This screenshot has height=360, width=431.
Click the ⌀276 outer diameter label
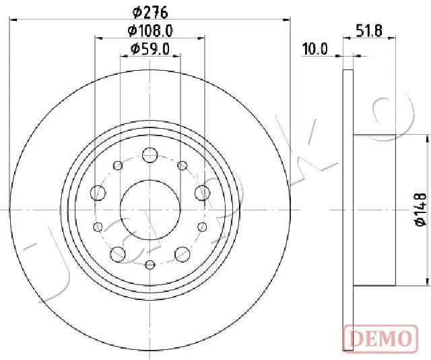tap(150, 11)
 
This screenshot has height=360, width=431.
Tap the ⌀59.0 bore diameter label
tap(150, 49)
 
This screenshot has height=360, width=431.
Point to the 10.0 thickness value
tap(314, 49)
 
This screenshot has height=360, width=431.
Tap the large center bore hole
tap(150, 209)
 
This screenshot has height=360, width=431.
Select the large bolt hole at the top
tap(150, 155)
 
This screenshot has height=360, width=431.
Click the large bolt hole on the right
tap(201, 193)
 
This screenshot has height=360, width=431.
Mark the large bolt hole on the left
tap(98, 193)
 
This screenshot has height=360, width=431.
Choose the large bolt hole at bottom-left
tap(118, 253)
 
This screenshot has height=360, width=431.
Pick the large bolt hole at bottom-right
tap(182, 253)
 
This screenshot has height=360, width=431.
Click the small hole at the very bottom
tap(150, 264)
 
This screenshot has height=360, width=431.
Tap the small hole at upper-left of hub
tap(118, 165)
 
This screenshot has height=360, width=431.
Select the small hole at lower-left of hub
tap(98, 226)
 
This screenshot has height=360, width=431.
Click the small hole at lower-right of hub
tap(201, 226)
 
